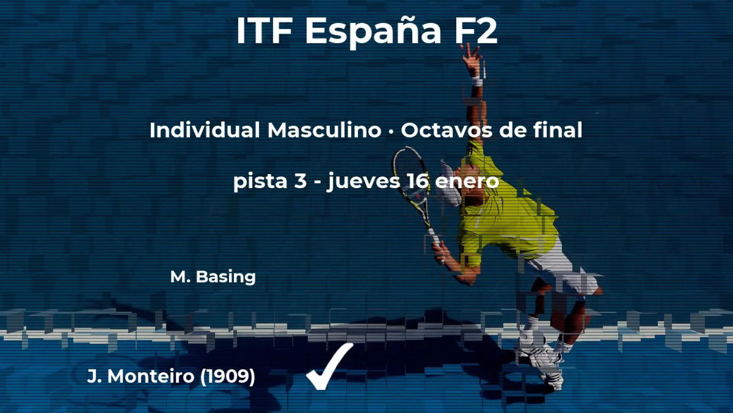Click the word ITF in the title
pos(264,31)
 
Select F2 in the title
pos(475,31)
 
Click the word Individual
pos(204,130)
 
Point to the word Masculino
pos(324,130)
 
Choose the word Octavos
pos(446,130)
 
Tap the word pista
pos(260,181)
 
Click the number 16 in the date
pos(418,180)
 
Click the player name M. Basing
pos(213,276)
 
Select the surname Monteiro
pos(151,376)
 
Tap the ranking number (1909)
pos(228,376)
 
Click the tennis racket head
pos(410,172)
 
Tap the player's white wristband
pos(476,81)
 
